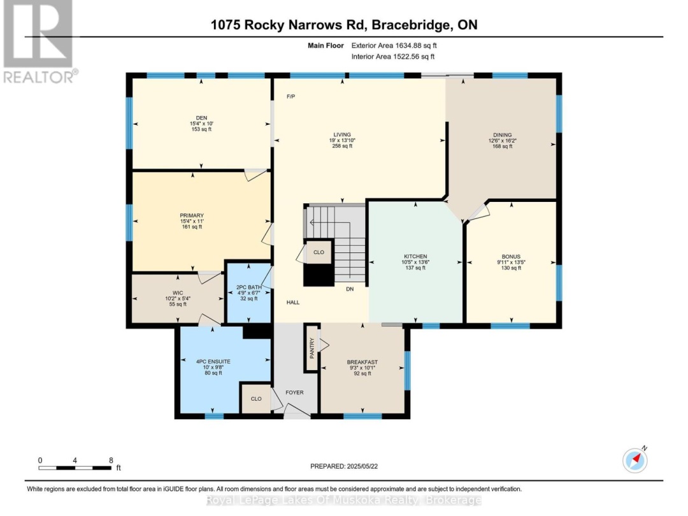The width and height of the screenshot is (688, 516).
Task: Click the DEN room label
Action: [201, 117]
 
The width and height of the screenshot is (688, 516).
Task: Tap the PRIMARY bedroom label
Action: [191, 215]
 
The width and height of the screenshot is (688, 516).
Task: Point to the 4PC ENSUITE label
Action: [213, 361]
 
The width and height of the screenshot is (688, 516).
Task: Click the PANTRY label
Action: [312, 349]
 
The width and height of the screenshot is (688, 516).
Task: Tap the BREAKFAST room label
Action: [362, 362]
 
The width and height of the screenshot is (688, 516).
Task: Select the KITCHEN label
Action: [415, 256]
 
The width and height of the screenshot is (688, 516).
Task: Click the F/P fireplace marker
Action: [290, 96]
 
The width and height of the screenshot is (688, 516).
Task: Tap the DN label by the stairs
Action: [350, 289]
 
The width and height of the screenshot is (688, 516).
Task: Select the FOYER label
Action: [294, 392]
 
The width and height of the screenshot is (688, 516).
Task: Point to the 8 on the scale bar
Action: [111, 460]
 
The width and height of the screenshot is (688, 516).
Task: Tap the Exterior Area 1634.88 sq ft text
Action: [394, 45]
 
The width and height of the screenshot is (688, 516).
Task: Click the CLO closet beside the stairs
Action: [319, 252]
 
